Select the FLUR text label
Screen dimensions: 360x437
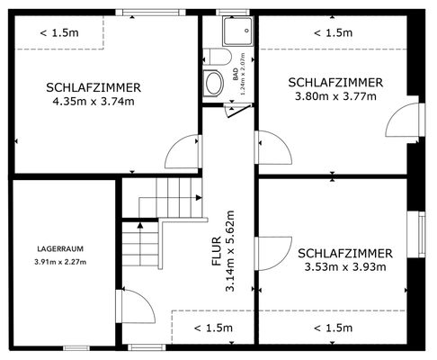click(216, 255)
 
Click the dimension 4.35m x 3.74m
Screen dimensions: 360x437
click(94, 101)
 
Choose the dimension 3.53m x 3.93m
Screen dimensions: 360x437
click(344, 266)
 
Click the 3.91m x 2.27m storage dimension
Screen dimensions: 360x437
click(61, 262)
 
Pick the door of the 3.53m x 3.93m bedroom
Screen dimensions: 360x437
click(272, 255)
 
